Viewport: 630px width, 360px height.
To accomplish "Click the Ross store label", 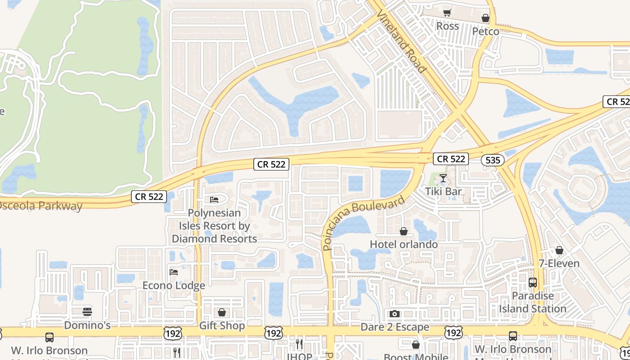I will (x=448, y=26).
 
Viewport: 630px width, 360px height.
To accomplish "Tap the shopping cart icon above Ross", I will (x=447, y=13).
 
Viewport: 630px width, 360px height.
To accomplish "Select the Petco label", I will (x=486, y=31).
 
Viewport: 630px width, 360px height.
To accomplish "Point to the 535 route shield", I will (x=492, y=160).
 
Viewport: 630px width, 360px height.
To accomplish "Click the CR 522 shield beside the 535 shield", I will (x=451, y=158).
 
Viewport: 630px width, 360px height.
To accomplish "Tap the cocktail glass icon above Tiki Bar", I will (x=443, y=178).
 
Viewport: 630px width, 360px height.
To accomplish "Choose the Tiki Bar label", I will (x=443, y=191).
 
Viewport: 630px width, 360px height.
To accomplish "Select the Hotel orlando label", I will (x=404, y=244).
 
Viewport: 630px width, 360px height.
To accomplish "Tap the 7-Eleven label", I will (x=559, y=263).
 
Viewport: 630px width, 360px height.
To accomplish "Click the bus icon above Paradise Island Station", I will (x=533, y=283).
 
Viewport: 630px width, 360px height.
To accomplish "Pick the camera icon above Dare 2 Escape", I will (x=395, y=314).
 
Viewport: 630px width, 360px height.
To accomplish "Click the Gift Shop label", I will (x=222, y=325).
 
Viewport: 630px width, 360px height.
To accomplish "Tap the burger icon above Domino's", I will (x=87, y=311).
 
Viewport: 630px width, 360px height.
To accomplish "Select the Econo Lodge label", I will (x=174, y=285).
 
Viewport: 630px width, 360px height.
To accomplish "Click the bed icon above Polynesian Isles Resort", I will (x=214, y=199).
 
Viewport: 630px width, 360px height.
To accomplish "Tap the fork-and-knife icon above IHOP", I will (x=299, y=344).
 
